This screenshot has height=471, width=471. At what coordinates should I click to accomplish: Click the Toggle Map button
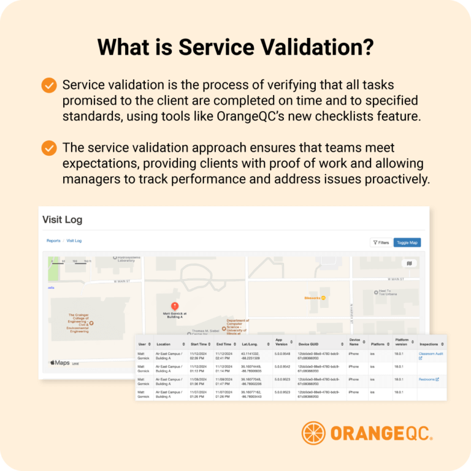[407, 242]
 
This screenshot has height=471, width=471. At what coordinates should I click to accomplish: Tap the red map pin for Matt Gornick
[174, 305]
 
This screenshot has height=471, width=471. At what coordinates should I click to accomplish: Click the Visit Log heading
[62, 220]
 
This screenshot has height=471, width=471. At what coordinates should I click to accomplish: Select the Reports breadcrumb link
[53, 241]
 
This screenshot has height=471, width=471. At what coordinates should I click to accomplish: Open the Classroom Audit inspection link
[431, 354]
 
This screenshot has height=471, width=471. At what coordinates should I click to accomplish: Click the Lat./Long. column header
[252, 343]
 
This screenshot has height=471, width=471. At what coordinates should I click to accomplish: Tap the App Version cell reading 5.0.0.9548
[282, 354]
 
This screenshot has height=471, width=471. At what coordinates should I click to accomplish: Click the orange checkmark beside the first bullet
[49, 85]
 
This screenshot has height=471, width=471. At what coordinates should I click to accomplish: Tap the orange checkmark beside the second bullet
[49, 148]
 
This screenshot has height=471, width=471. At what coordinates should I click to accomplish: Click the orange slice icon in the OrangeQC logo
[313, 433]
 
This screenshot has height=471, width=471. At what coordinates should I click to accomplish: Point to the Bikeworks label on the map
[312, 298]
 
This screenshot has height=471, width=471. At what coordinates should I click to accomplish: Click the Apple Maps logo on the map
[59, 363]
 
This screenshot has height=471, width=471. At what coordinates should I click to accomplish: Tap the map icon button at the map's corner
[410, 263]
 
